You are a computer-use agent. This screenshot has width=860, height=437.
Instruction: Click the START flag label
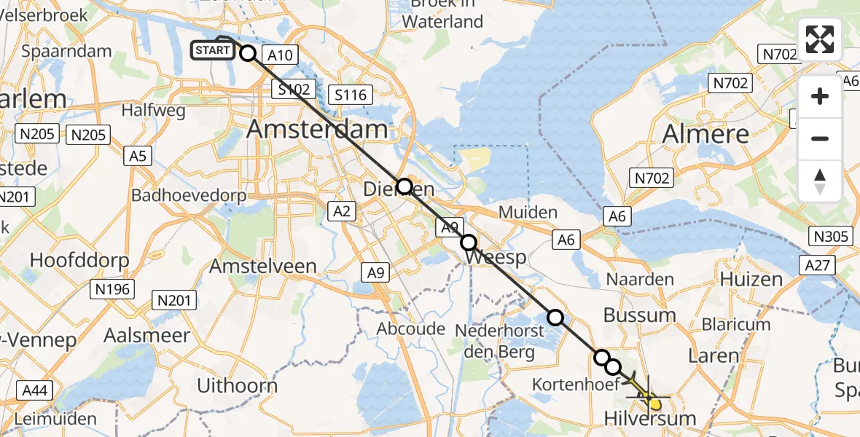(213, 50)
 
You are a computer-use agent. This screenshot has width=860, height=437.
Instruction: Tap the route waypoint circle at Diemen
(404, 186)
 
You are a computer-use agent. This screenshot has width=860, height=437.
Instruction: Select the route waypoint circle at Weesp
(468, 243)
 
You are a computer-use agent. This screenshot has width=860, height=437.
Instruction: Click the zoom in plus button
(820, 96)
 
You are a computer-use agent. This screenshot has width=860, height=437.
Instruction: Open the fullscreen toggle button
(820, 39)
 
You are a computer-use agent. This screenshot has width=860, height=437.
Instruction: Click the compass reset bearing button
(820, 181)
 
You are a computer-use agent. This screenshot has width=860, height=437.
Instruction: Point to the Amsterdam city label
(317, 130)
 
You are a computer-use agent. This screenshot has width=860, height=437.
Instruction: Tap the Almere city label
(705, 133)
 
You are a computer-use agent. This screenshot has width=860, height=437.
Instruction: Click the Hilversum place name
(650, 419)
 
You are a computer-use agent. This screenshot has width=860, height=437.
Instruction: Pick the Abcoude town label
(410, 328)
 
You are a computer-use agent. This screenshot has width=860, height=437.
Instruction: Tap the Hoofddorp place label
(79, 260)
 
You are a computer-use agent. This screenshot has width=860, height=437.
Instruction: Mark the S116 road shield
(351, 94)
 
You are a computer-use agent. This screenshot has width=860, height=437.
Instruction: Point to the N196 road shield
(112, 289)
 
